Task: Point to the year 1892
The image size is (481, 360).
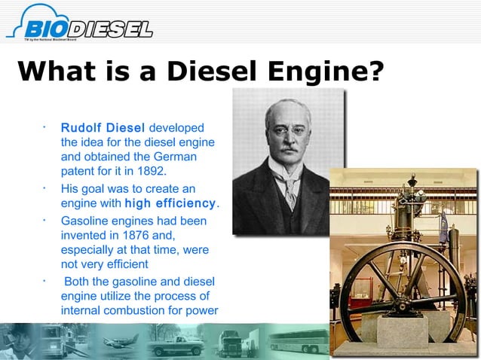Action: [150, 170]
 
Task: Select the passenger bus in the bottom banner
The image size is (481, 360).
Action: [298, 342]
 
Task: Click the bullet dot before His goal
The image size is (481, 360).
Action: [46, 186]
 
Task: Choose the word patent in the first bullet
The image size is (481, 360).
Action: [78, 170]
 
